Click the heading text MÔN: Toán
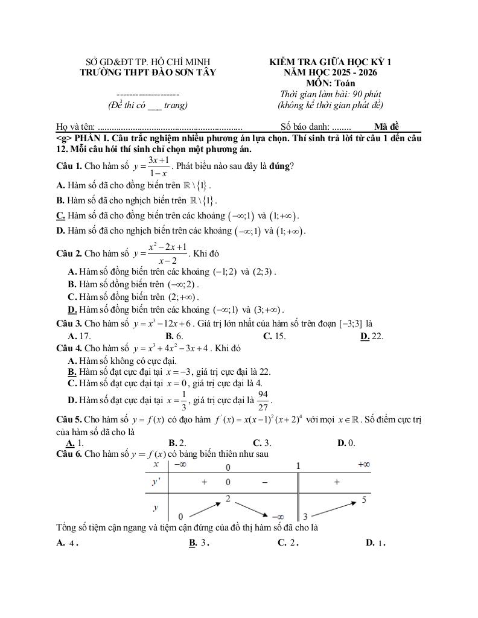pos(330,83)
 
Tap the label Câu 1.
pos(68,165)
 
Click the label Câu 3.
pos(68,323)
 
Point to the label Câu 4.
pos(68,348)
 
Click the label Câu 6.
pos(68,453)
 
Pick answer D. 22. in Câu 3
pos(372,336)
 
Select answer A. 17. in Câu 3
pos(80,336)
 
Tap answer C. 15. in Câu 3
pos(275,336)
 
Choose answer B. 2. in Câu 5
pos(177,443)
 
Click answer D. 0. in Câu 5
pos(346,443)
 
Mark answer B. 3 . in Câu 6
pos(199,543)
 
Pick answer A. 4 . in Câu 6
pos(68,543)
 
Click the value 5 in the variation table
pos(365,499)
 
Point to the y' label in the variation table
pos(156,482)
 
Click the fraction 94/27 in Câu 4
pos(263,400)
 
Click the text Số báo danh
pos(305,127)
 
